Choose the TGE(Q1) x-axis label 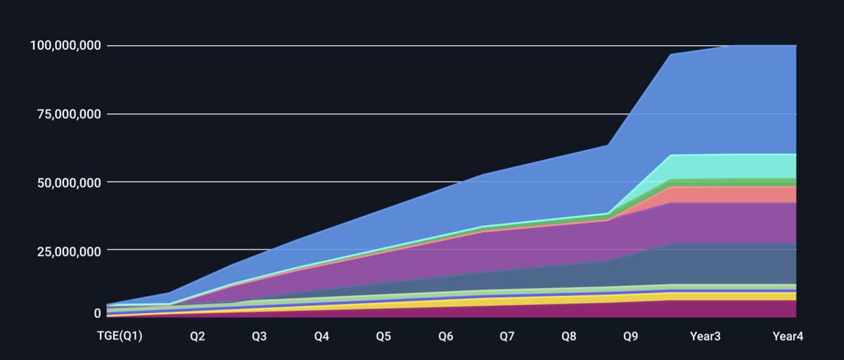click(x=120, y=337)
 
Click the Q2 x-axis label click(x=198, y=337)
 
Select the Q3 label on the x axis click(x=260, y=337)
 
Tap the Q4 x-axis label click(x=321, y=337)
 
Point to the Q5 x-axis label click(x=383, y=337)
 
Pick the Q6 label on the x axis click(x=445, y=337)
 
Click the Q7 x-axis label click(x=507, y=337)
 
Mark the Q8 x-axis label click(x=569, y=337)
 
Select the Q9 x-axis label click(x=631, y=337)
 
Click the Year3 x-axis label click(x=705, y=337)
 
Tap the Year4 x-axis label click(x=788, y=337)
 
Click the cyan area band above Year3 click(x=705, y=166)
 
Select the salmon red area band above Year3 click(x=705, y=194)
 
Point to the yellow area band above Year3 click(x=705, y=296)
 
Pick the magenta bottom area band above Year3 click(x=705, y=309)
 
